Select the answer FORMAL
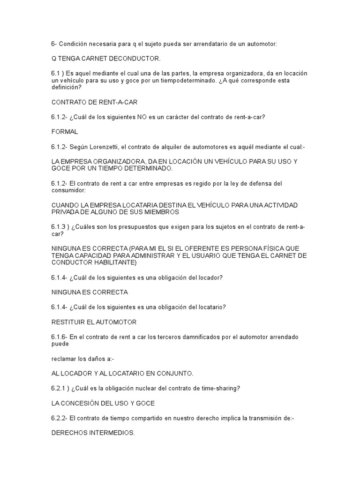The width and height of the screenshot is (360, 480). coord(65,132)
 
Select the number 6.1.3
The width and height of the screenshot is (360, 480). coord(59,227)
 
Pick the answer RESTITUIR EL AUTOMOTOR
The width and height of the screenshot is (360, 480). coord(94,322)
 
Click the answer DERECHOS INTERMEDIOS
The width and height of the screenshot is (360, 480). coord(93,434)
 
